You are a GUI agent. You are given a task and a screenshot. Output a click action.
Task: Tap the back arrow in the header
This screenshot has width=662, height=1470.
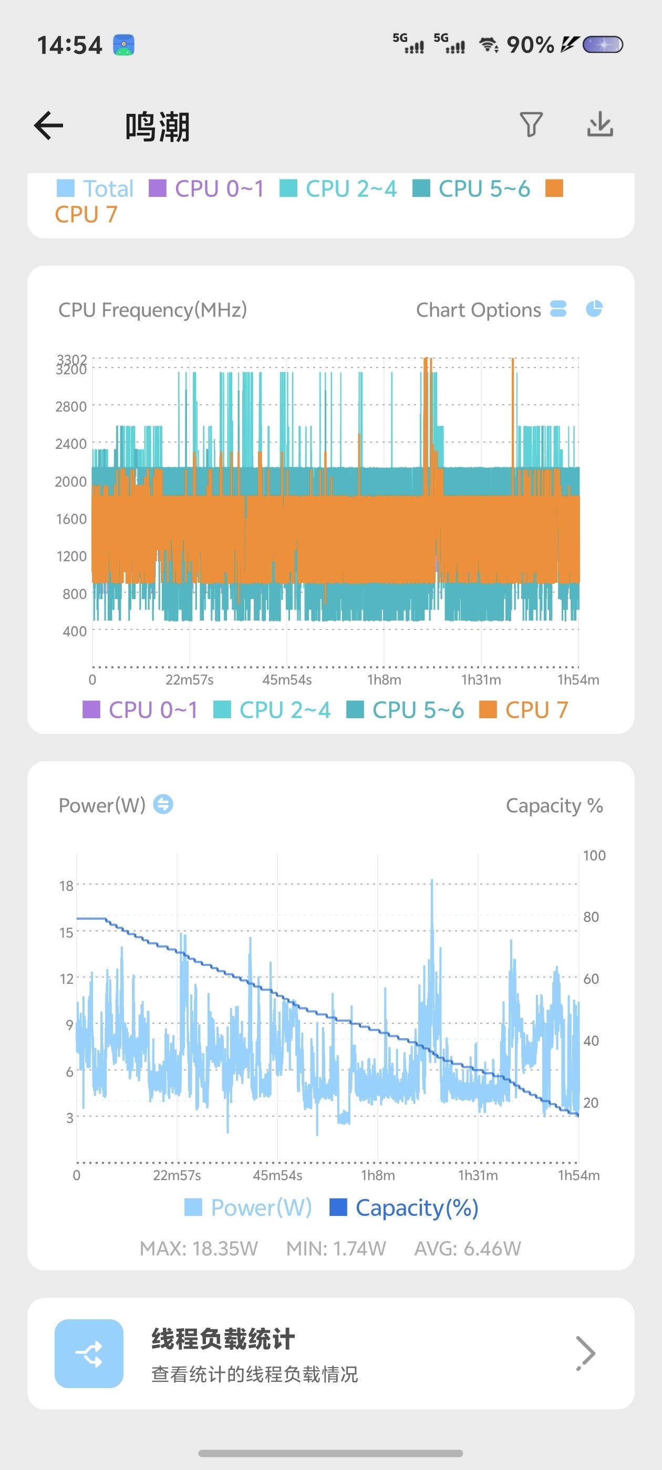click(x=49, y=125)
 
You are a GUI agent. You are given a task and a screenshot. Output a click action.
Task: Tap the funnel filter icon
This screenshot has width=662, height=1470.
click(x=531, y=124)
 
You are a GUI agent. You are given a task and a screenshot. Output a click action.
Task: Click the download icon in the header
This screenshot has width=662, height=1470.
click(x=600, y=124)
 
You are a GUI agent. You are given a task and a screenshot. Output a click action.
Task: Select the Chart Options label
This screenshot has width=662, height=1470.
click(x=478, y=310)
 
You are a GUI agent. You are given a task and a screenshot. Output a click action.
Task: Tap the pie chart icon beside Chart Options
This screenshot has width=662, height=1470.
click(x=594, y=309)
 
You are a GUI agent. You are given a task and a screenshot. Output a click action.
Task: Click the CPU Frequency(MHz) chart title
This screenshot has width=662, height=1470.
click(x=152, y=310)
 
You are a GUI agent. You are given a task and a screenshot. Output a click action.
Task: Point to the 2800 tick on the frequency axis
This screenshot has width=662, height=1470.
click(x=71, y=407)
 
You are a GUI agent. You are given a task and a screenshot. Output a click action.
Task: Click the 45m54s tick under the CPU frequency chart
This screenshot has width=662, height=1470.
click(x=287, y=680)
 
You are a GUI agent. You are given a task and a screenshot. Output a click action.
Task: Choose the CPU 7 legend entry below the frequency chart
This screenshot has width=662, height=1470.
click(x=524, y=710)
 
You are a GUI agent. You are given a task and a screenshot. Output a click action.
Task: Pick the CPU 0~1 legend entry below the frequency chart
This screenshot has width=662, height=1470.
click(x=140, y=710)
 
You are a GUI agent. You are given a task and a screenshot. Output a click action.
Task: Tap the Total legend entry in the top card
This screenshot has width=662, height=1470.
click(x=96, y=188)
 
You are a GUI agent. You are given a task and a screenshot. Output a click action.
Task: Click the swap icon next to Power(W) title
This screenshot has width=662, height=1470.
click(x=163, y=805)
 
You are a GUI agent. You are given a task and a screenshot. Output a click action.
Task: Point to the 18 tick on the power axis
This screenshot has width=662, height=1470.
click(x=66, y=886)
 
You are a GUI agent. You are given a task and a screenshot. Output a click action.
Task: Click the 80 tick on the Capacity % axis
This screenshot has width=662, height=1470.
click(x=591, y=917)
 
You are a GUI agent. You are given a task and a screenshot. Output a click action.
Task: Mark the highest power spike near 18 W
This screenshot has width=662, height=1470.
click(x=432, y=882)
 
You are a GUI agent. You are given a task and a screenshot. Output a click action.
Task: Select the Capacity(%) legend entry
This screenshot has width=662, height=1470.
click(x=405, y=1208)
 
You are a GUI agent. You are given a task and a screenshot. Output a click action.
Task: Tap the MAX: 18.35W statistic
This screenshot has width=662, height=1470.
click(x=199, y=1248)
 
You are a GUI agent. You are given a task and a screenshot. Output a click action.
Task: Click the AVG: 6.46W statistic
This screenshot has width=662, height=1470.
click(x=467, y=1248)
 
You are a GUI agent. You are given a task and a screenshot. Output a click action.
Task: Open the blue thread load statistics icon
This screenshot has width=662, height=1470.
click(x=89, y=1353)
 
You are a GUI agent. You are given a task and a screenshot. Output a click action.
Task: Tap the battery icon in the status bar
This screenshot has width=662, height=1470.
click(x=602, y=45)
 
